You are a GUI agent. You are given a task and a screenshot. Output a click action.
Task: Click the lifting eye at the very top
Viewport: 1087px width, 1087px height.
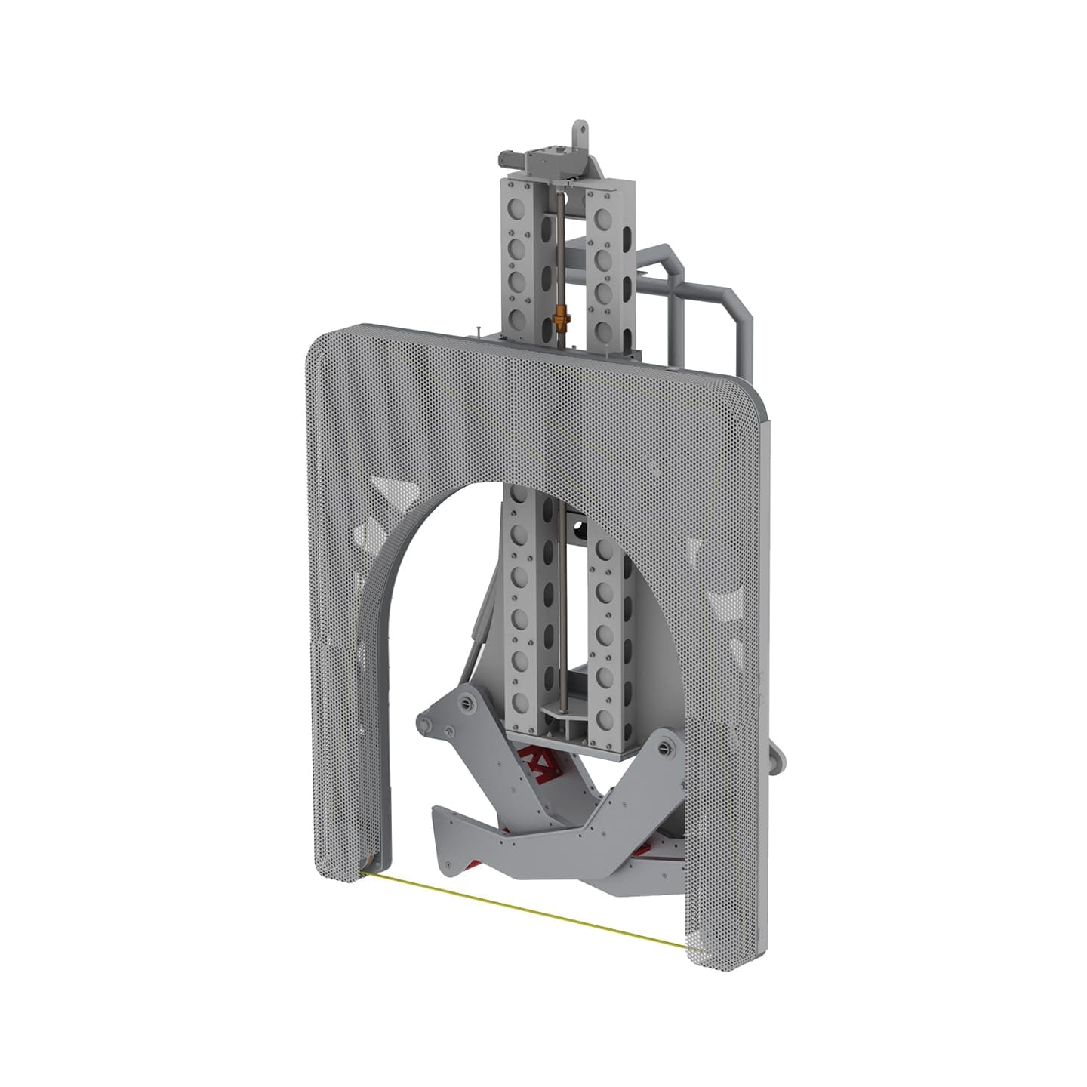coord(580,128)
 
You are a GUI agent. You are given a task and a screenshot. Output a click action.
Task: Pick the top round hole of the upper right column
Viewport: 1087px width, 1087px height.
coord(603,218)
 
